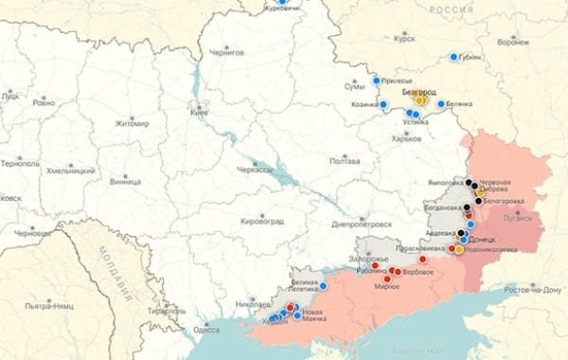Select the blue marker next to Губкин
pyautogui.click(x=454, y=57)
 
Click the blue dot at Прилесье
pyautogui.click(x=377, y=81)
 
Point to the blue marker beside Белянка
pyautogui.click(x=441, y=104)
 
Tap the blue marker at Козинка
pyautogui.click(x=383, y=104)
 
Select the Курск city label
pyautogui.click(x=405, y=40)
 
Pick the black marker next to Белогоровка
pyautogui.click(x=476, y=200)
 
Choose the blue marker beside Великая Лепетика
pyautogui.click(x=323, y=285)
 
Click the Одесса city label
pyautogui.click(x=205, y=329)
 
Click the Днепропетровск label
pyautogui.click(x=362, y=225)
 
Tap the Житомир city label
pyautogui.click(x=132, y=123)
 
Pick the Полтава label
pyautogui.click(x=343, y=161)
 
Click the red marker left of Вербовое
pyautogui.click(x=397, y=272)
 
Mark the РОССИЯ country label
pyautogui.click(x=451, y=9)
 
